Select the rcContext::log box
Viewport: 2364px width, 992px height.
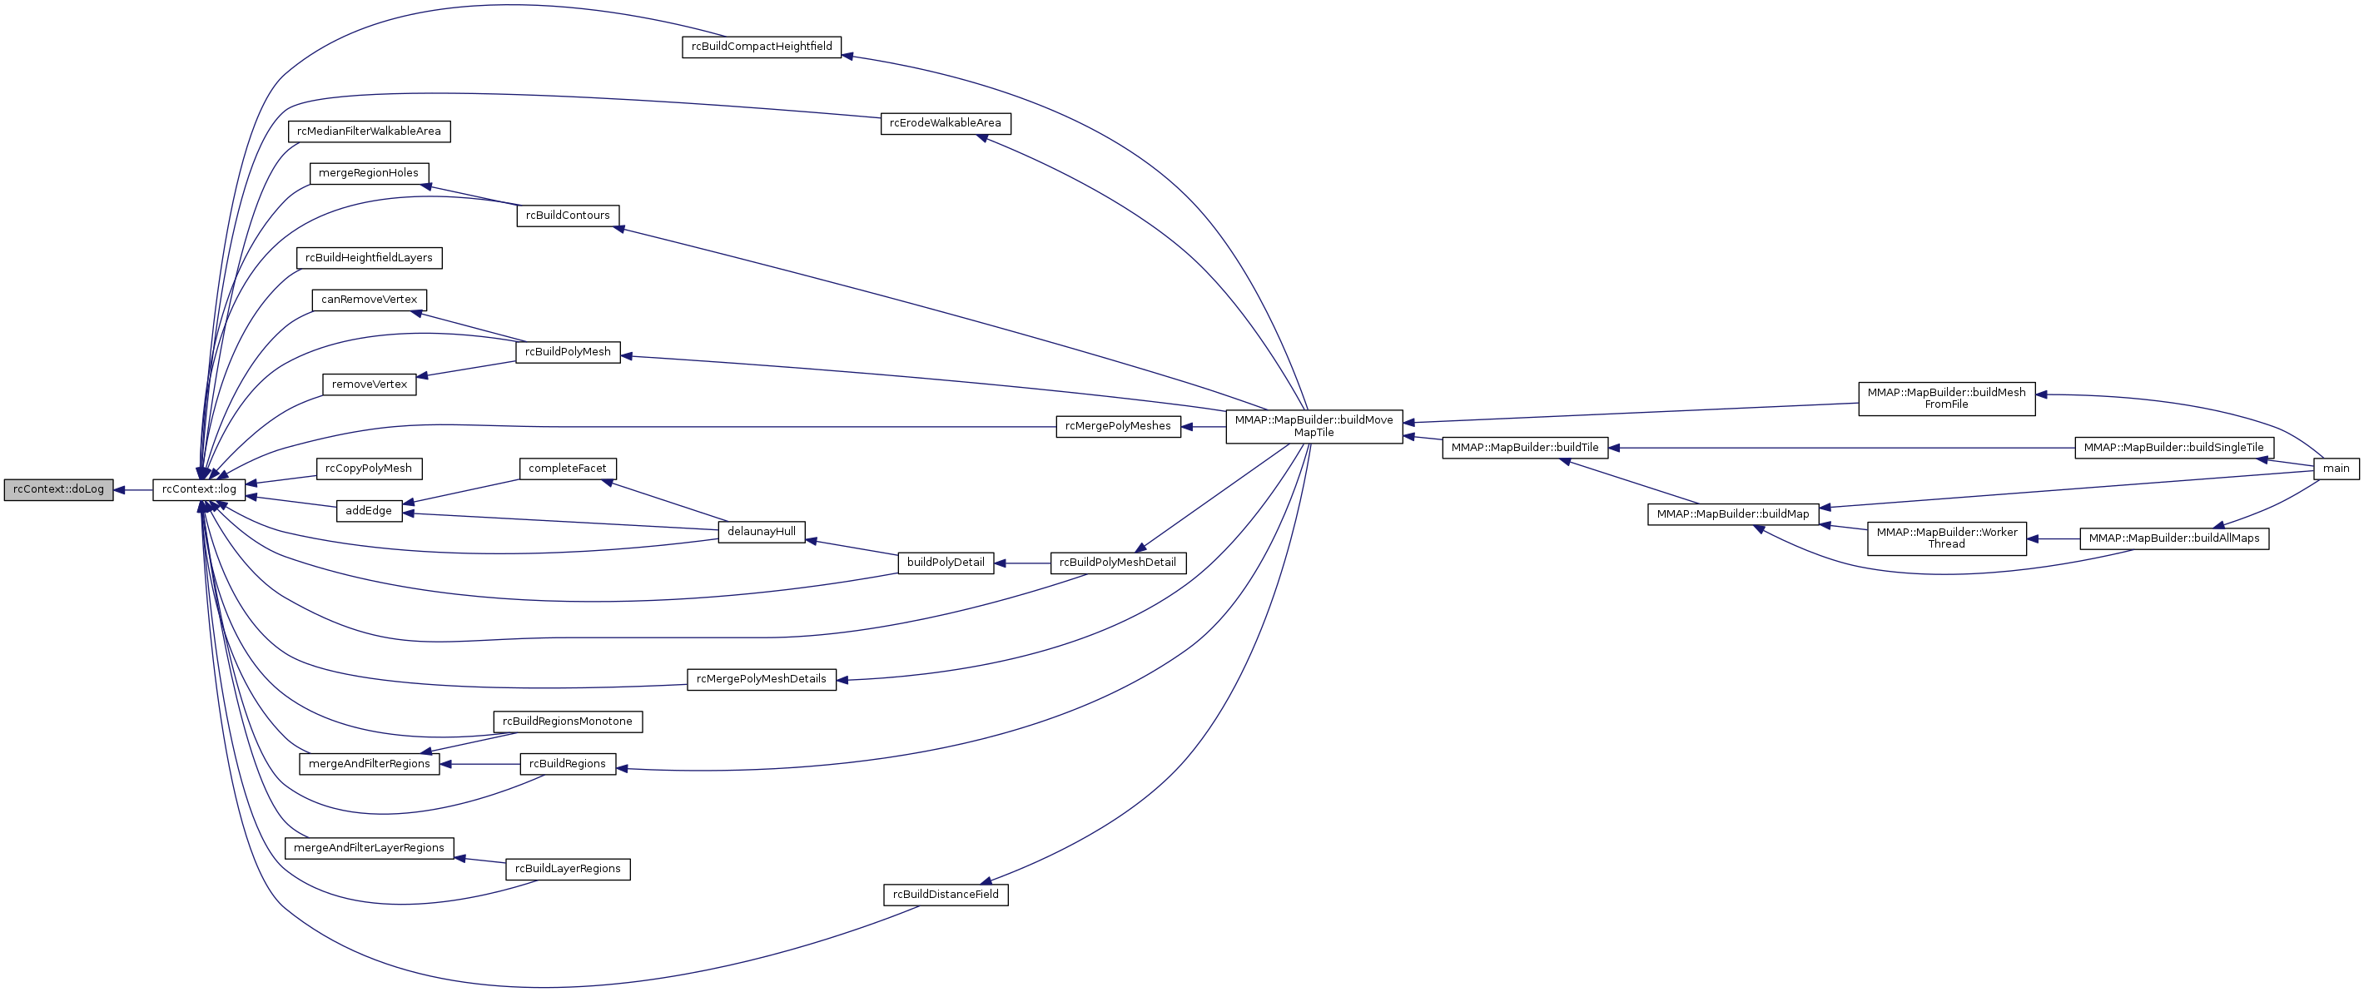[x=199, y=490]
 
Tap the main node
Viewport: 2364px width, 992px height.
[x=2336, y=469]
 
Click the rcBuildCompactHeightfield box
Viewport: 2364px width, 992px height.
[x=761, y=47]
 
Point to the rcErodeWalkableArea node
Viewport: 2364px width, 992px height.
[x=946, y=124]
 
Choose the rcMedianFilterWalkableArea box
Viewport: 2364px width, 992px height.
[x=369, y=131]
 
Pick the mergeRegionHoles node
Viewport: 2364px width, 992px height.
[x=369, y=173]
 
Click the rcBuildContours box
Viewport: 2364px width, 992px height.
[x=568, y=216]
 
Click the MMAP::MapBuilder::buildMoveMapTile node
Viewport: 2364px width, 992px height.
[x=1314, y=427]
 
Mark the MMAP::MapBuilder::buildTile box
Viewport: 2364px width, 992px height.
[x=1524, y=449]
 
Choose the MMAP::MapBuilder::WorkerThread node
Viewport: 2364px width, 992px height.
[x=1946, y=538]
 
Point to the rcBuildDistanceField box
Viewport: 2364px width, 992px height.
[x=946, y=895]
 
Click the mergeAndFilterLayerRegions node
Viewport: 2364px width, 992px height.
[x=369, y=849]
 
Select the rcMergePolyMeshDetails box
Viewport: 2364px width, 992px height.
[x=761, y=680]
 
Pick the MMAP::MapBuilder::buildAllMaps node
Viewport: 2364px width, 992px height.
[x=2174, y=538]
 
